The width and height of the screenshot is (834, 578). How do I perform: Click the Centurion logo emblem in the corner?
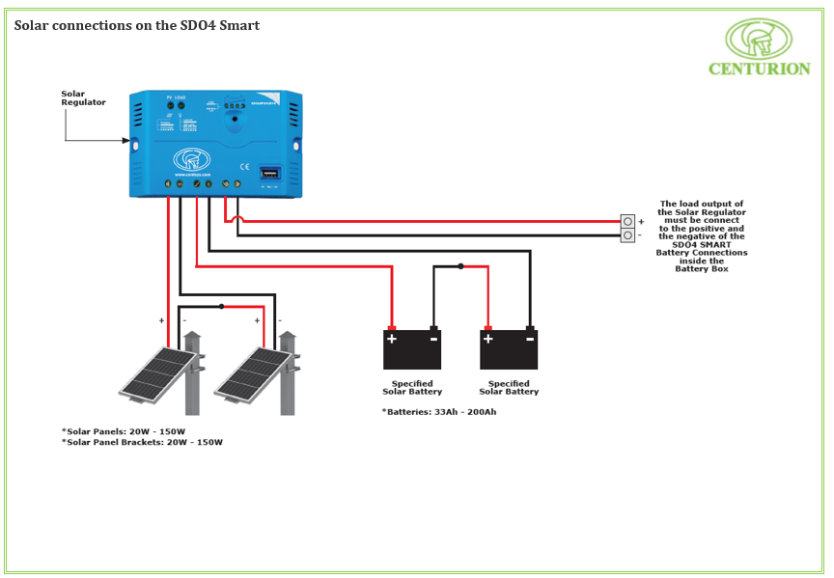pos(758,39)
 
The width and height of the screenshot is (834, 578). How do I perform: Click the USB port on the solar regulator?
pos(267,175)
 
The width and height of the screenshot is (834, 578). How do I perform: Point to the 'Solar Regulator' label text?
pos(83,98)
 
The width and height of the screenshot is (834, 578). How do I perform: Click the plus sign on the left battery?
pos(392,339)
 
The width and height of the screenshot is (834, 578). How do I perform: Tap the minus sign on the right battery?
pos(530,339)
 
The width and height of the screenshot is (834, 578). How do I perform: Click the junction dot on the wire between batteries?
pos(460,266)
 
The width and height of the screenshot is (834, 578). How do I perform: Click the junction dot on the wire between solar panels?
pos(222,307)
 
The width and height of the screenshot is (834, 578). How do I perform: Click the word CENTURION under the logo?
pos(759,69)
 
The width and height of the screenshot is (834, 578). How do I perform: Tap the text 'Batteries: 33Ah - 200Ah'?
pos(439,412)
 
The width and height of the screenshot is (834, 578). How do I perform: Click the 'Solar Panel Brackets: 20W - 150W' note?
pos(142,442)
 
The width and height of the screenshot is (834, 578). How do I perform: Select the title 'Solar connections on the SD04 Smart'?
pos(136,25)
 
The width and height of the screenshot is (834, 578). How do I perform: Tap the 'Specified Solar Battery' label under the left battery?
pos(412,388)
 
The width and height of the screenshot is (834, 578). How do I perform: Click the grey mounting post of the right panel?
pos(287,386)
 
